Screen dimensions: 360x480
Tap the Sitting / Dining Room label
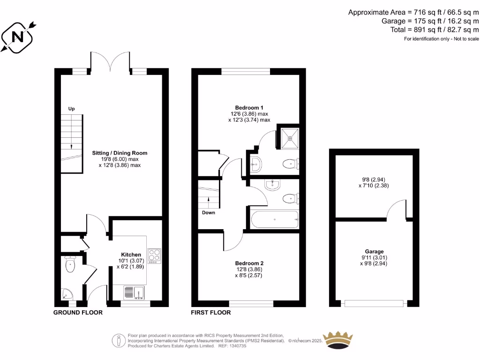tap(120, 153)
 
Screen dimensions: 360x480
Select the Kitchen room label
tap(131, 255)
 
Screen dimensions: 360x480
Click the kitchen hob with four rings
tap(154, 255)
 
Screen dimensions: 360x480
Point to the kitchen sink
tap(135, 292)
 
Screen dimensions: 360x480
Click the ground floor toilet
tap(70, 265)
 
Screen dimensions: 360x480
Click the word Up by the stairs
tap(72, 109)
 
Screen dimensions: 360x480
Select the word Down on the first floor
tap(209, 212)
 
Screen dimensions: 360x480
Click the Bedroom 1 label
tap(249, 107)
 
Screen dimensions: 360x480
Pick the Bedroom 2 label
tap(249, 263)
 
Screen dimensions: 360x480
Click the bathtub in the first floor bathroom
tap(274, 219)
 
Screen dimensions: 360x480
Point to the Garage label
tap(374, 252)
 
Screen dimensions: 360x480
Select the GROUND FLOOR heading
tap(78, 312)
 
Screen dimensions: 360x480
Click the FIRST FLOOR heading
tap(211, 312)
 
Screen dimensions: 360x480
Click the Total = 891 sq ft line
tap(435, 29)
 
